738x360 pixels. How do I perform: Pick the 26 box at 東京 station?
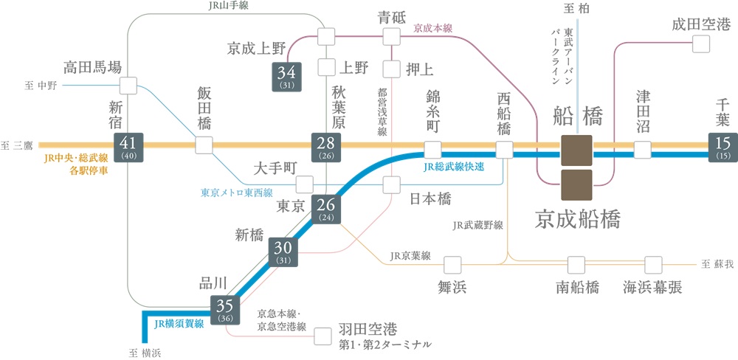click(x=326, y=210)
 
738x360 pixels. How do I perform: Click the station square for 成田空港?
click(x=700, y=43)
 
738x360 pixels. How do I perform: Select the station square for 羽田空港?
click(x=323, y=336)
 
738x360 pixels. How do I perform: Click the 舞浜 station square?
click(x=452, y=263)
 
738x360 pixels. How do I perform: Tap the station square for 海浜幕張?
click(x=654, y=263)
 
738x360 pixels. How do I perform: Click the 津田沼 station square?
click(x=643, y=150)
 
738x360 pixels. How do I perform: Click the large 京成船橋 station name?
click(x=578, y=218)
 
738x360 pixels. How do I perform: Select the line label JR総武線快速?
click(x=454, y=167)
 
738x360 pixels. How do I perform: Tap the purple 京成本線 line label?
click(x=432, y=28)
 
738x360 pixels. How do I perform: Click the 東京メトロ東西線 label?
click(x=236, y=193)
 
